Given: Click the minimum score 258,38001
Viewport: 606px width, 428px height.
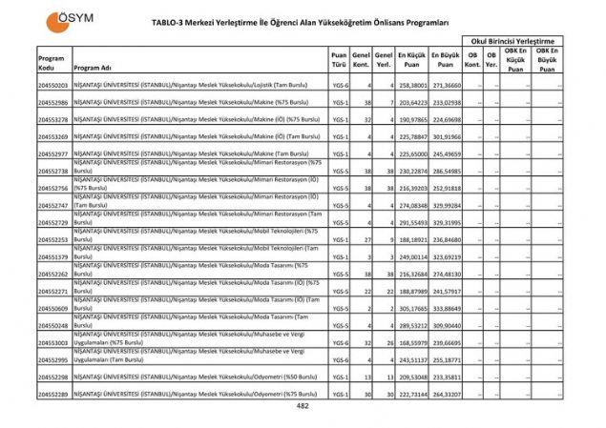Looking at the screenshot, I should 411,86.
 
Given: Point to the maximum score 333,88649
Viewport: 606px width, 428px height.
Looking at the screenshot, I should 446,309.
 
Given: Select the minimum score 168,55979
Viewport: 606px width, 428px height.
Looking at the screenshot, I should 411,342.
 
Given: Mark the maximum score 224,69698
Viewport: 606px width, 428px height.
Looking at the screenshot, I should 446,120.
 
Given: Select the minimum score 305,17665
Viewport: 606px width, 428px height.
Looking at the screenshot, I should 411,309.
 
